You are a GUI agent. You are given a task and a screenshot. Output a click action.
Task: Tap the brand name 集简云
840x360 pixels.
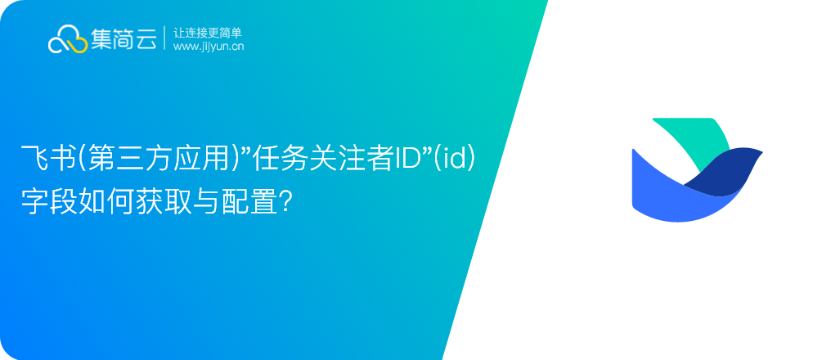coord(124,38)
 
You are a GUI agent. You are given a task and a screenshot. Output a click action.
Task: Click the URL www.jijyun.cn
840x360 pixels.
coord(209,47)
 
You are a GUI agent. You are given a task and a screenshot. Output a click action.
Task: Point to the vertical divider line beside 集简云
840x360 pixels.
coord(165,38)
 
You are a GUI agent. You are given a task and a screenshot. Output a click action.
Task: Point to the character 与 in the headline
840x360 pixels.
coord(204,202)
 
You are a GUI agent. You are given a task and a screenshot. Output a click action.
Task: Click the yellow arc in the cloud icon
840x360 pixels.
coord(79,47)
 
